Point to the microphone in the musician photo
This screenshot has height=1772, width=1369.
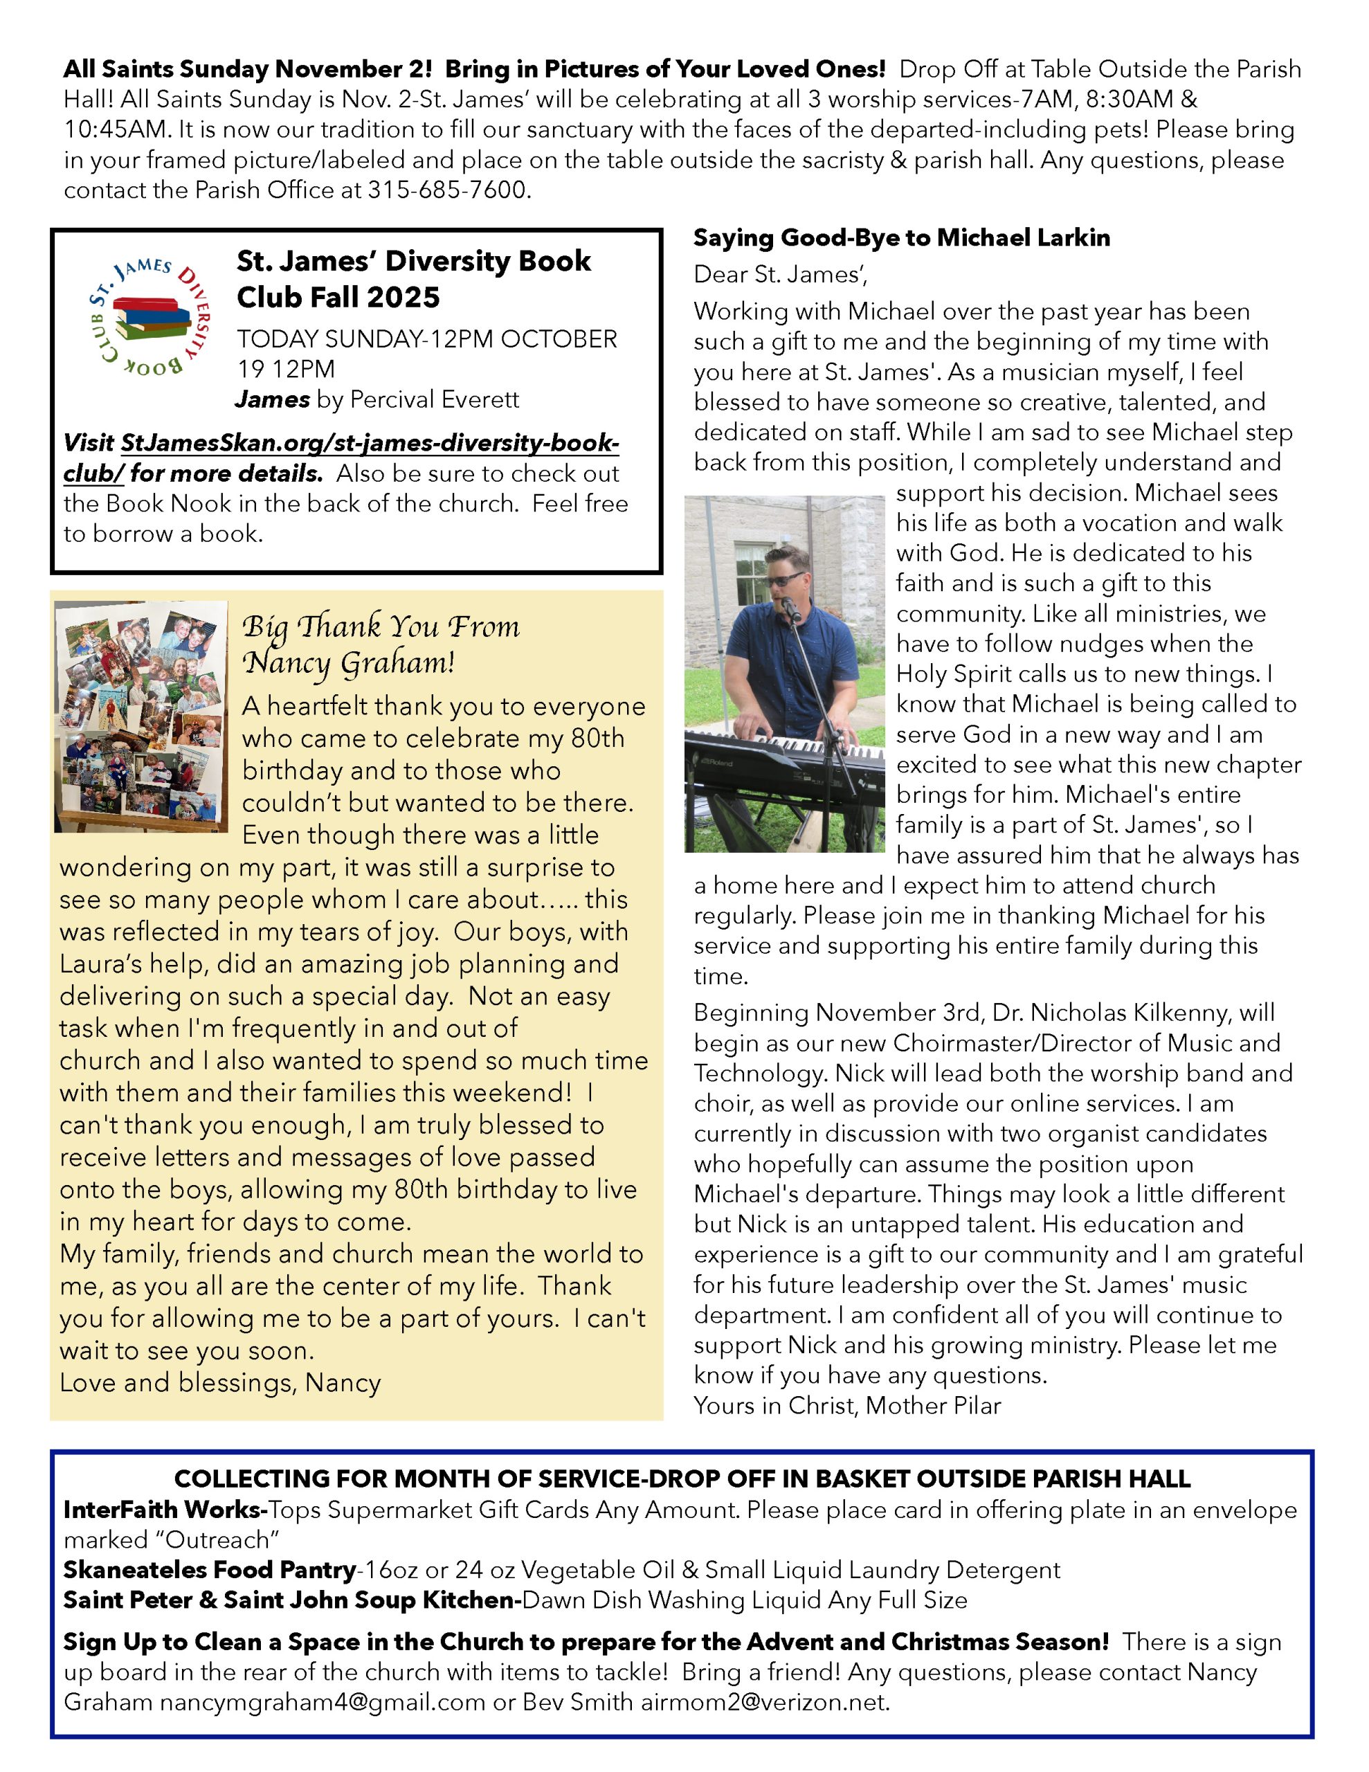(790, 610)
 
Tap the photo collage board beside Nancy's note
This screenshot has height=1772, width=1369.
(141, 717)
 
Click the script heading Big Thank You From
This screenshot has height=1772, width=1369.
(381, 627)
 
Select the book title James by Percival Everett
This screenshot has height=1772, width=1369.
(377, 399)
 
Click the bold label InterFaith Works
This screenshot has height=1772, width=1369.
(165, 1510)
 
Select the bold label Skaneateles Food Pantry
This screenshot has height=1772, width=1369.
(210, 1570)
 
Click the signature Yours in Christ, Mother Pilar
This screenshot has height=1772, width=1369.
(847, 1405)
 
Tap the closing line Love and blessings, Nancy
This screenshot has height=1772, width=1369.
(220, 1382)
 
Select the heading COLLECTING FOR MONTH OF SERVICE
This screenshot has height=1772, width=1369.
(682, 1479)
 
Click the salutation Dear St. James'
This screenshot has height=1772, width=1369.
(780, 274)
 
